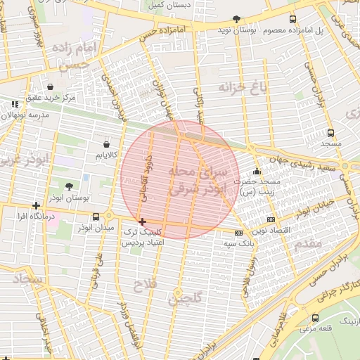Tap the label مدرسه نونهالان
[28, 114]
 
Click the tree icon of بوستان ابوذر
[68, 186]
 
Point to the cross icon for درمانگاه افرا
[36, 206]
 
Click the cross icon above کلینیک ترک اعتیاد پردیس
[143, 221]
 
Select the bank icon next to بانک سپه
[238, 233]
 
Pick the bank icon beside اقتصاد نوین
[272, 219]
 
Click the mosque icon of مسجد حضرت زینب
[257, 171]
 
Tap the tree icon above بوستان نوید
[236, 19]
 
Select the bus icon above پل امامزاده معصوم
[292, 19]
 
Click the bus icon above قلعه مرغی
[314, 318]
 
